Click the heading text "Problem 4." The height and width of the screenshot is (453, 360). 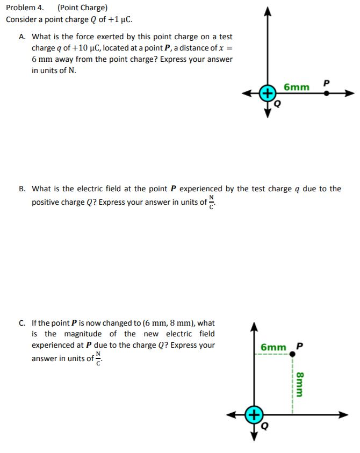(25, 8)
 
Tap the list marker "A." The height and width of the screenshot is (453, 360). (22, 37)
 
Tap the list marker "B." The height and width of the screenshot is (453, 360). (22, 189)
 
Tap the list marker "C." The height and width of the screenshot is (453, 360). (22, 323)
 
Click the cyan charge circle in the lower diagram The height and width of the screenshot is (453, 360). (254, 414)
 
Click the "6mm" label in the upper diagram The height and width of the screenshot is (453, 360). (297, 87)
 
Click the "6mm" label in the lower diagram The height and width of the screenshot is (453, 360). (273, 347)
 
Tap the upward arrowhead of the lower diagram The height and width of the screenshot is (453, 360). (254, 326)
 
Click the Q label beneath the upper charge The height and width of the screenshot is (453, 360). (277, 104)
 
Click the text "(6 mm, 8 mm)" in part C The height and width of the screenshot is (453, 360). (170, 323)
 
